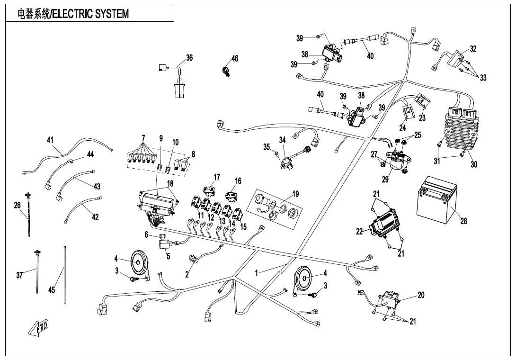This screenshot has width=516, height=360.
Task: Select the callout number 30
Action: pos(474,164)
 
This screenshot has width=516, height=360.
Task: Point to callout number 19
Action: pos(295,194)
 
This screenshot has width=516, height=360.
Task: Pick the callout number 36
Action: pos(189,58)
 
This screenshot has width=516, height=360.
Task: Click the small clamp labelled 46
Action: pos(226,72)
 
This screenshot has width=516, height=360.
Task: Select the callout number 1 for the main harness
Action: pos(257,273)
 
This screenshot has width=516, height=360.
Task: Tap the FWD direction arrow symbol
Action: pos(42,327)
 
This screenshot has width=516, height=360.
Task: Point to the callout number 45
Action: pos(52,290)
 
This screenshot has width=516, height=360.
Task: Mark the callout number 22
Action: pos(360,231)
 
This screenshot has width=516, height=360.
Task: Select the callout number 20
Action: pos(421,295)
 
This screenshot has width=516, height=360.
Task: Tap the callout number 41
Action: pos(50,140)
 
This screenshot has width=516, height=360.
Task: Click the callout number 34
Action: pos(283,140)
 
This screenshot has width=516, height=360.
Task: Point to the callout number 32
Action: pos(473,49)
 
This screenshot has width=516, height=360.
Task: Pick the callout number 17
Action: pos(216,177)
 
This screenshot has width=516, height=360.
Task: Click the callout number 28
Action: pos(463,221)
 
